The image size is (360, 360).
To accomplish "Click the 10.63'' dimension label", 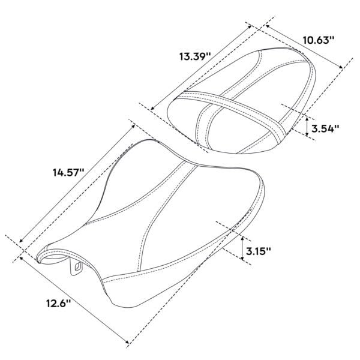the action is [x=318, y=40].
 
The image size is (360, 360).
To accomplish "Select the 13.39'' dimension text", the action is [x=195, y=56].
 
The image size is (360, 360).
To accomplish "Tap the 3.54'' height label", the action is [x=325, y=128].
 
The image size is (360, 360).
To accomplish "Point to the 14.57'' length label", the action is [x=68, y=172].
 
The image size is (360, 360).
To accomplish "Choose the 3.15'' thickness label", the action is [x=259, y=251].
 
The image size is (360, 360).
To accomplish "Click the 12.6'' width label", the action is [x=58, y=304].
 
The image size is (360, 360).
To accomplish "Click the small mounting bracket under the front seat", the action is [x=76, y=266].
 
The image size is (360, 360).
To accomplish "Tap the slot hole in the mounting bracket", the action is [x=78, y=266].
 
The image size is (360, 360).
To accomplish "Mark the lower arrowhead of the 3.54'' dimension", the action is [x=307, y=134].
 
